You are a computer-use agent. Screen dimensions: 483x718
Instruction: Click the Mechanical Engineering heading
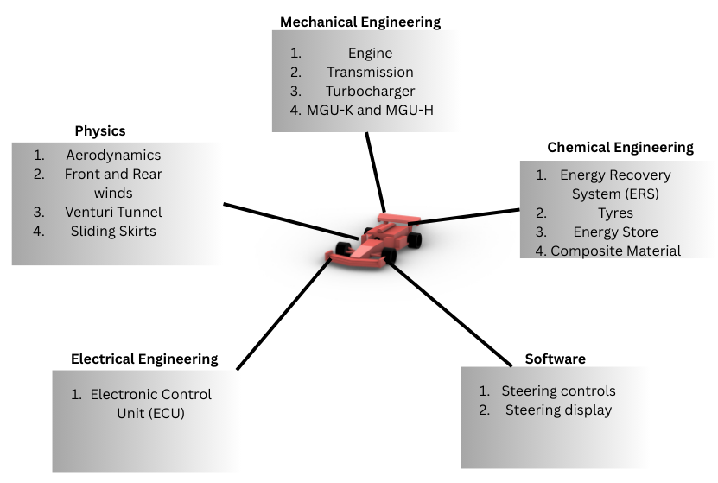point(359,21)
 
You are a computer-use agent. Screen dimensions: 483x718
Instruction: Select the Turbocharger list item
point(370,92)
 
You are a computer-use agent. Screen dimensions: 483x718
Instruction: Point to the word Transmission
point(370,73)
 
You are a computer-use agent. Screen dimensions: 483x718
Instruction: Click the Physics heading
point(100,131)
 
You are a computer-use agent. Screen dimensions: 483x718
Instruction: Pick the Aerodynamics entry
point(113,156)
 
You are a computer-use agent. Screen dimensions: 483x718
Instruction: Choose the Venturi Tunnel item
point(113,212)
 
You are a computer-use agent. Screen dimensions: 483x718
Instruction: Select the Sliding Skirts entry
point(113,231)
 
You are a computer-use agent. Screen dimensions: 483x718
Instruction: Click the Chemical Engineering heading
point(620,148)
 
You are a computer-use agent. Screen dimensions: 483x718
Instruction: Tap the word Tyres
point(615,213)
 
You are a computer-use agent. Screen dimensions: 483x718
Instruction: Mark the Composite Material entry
point(615,251)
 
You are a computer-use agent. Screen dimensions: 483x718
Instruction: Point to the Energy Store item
point(615,232)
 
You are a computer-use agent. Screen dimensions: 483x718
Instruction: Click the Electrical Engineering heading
point(144,359)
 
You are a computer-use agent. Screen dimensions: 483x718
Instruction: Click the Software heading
point(555,359)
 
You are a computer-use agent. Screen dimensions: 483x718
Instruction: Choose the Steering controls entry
point(558,391)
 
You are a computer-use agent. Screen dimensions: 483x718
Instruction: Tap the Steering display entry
point(558,410)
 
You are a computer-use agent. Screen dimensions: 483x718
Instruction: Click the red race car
point(378,238)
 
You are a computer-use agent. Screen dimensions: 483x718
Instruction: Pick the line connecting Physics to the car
point(289,220)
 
